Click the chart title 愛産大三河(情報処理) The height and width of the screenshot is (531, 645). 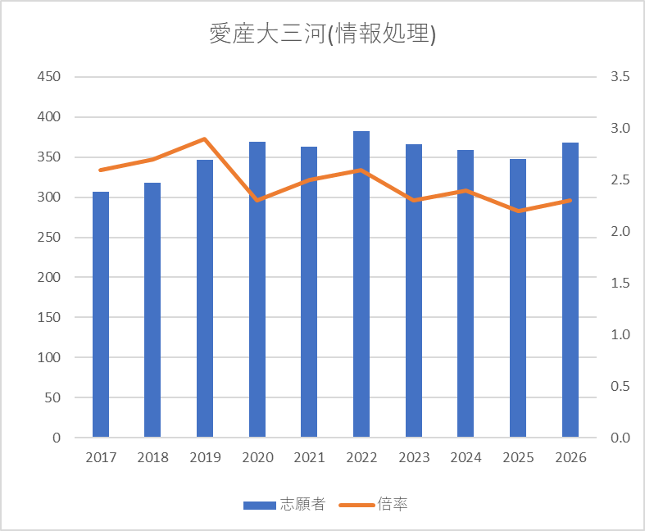pyautogui.click(x=322, y=35)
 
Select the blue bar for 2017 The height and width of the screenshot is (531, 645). pyautogui.click(x=101, y=315)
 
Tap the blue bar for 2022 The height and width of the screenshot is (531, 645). pyautogui.click(x=361, y=284)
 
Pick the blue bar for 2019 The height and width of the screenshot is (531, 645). pyautogui.click(x=205, y=298)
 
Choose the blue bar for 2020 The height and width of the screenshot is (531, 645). pyautogui.click(x=257, y=289)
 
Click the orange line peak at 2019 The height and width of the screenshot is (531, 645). pyautogui.click(x=205, y=139)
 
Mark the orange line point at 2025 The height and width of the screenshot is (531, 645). pyautogui.click(x=518, y=211)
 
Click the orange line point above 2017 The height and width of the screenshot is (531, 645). pyautogui.click(x=101, y=170)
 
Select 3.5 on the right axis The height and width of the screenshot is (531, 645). pyautogui.click(x=619, y=77)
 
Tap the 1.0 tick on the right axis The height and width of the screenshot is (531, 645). pyautogui.click(x=619, y=335)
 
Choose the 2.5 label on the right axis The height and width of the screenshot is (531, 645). pyautogui.click(x=619, y=180)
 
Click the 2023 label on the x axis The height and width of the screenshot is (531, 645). pyautogui.click(x=414, y=457)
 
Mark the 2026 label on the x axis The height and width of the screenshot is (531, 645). pyautogui.click(x=570, y=457)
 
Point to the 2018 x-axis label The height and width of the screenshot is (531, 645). pyautogui.click(x=152, y=457)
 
